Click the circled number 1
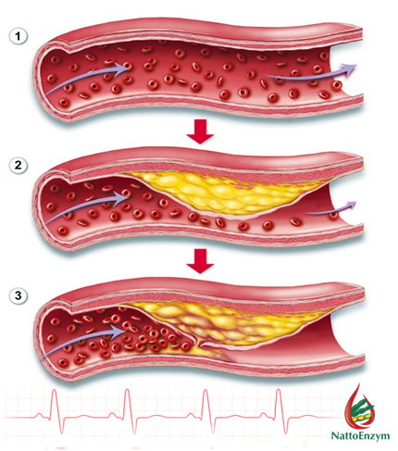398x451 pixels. pos(18,36)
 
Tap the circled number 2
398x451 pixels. pos(18,166)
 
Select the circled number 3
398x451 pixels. pos(18,295)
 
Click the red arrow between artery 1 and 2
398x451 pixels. pos(200,132)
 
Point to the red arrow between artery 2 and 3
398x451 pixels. pos(200,262)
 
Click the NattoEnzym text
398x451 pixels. pos(360,435)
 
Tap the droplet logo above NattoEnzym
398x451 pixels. pos(360,407)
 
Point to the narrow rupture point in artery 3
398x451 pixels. pos(201,345)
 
